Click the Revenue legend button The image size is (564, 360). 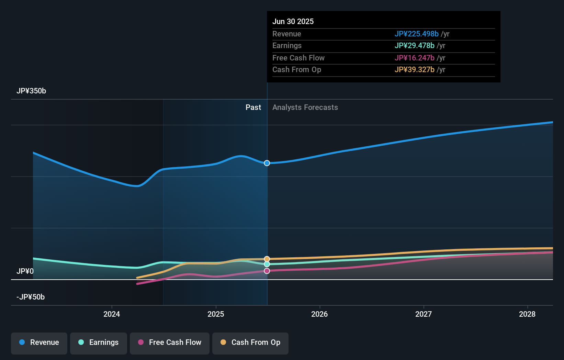[x=39, y=342]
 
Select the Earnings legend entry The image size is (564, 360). [x=99, y=342]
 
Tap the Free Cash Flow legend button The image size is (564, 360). [x=170, y=342]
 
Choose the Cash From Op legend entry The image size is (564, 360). [x=250, y=342]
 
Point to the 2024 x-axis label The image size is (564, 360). [x=112, y=314]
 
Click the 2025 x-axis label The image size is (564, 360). [x=216, y=314]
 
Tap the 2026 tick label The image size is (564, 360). [x=319, y=314]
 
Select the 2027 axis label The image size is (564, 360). [x=424, y=314]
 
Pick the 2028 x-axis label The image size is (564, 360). [x=527, y=314]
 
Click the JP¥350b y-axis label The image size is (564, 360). [x=31, y=91]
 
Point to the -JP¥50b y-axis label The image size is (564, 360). [x=31, y=297]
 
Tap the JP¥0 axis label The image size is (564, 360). [x=25, y=271]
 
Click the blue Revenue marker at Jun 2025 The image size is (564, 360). [x=267, y=163]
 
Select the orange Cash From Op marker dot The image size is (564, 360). [x=267, y=259]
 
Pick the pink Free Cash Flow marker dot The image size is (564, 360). [x=267, y=271]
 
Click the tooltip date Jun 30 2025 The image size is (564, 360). [x=293, y=22]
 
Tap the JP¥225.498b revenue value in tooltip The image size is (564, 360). [x=416, y=34]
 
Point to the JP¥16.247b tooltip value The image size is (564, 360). [x=414, y=58]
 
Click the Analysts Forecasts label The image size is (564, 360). [x=305, y=108]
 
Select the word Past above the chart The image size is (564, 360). [x=253, y=108]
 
